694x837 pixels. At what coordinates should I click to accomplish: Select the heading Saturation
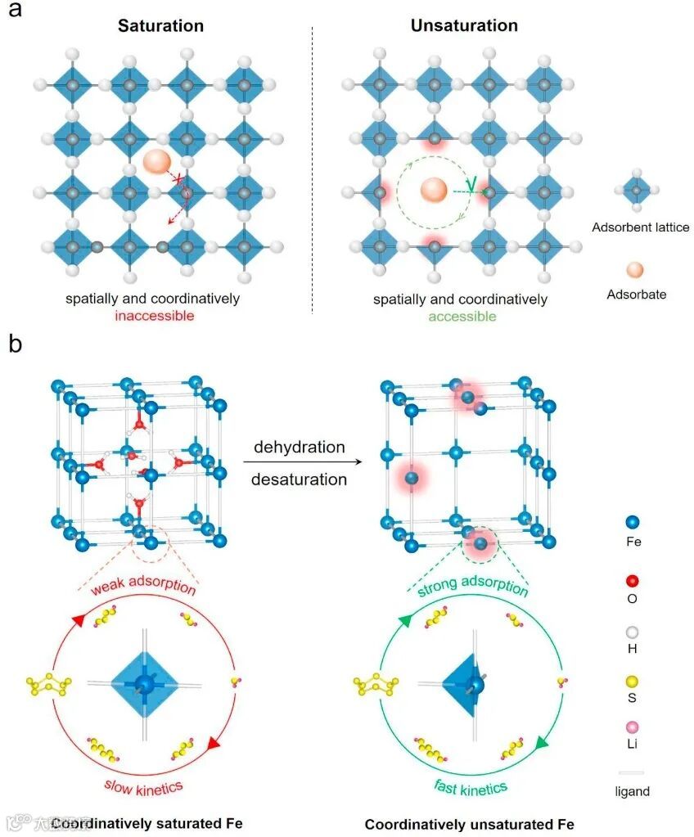160,25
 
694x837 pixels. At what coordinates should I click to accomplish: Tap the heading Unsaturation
464,25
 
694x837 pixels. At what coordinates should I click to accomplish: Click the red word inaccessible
153,316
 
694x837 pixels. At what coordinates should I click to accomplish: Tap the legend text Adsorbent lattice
641,227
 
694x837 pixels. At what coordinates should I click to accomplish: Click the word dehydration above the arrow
300,448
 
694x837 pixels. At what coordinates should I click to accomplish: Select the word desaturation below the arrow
300,479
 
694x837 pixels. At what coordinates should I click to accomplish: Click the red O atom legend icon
632,582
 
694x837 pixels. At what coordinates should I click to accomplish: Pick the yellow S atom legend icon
632,682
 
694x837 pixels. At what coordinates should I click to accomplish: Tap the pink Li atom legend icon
632,727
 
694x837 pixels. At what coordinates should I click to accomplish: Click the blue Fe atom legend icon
632,521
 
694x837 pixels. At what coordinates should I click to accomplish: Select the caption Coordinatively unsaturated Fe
470,824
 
